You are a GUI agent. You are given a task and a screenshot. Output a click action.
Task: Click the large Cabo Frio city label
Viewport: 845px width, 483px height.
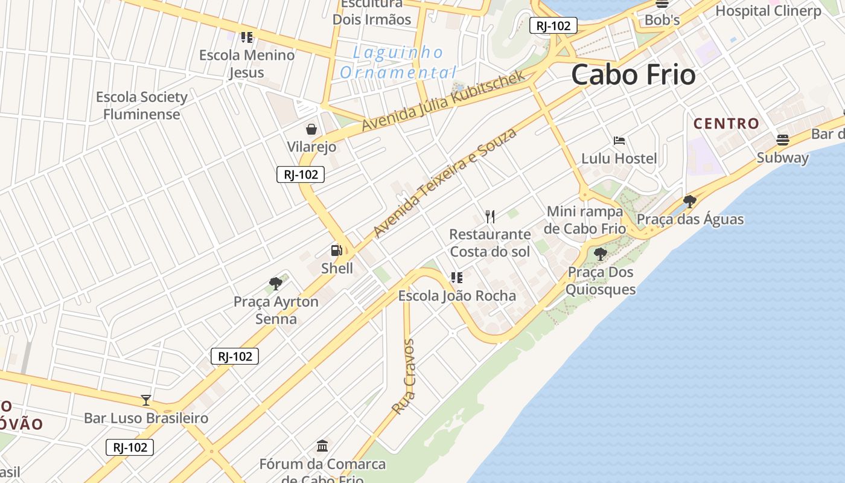pos(633,75)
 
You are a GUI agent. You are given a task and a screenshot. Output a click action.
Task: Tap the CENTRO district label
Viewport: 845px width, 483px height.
pos(726,124)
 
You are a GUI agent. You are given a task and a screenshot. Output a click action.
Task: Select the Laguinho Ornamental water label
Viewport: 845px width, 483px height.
pos(398,63)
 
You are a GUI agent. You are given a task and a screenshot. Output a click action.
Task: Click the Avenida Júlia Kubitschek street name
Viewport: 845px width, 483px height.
pos(444,101)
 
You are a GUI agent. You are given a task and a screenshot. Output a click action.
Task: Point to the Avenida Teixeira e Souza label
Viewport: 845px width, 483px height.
pos(445,182)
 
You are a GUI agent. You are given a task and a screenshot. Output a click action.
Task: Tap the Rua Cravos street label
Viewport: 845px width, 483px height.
pos(404,377)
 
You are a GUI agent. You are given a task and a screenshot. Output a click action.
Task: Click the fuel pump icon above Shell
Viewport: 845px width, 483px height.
pos(336,251)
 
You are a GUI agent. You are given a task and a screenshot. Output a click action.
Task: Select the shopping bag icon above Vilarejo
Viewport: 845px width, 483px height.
pos(311,129)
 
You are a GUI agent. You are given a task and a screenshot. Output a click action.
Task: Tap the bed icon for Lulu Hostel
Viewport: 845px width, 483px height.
pos(619,141)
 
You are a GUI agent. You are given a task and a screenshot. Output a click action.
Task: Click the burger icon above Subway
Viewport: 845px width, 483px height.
pos(782,140)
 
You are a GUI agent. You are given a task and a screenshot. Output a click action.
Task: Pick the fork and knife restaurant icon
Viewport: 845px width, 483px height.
pos(490,216)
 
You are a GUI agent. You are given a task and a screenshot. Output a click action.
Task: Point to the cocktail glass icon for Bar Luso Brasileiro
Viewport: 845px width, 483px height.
pos(145,400)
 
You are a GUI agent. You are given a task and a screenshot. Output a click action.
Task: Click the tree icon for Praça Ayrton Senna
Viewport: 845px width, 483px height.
pos(276,283)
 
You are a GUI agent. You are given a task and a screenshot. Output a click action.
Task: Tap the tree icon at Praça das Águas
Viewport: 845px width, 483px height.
pos(690,202)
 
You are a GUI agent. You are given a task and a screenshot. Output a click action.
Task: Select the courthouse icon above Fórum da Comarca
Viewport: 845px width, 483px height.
pos(322,446)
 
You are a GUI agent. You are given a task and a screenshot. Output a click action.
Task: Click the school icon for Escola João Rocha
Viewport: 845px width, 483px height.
pos(456,278)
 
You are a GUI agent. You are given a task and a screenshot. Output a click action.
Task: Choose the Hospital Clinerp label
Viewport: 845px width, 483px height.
pos(768,11)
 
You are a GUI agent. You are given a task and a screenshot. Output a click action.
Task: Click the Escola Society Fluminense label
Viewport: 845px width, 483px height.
pos(142,106)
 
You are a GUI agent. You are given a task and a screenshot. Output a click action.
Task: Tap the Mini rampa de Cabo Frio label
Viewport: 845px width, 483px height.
pos(584,220)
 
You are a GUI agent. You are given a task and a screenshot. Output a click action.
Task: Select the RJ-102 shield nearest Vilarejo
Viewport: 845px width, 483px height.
pos(301,175)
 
